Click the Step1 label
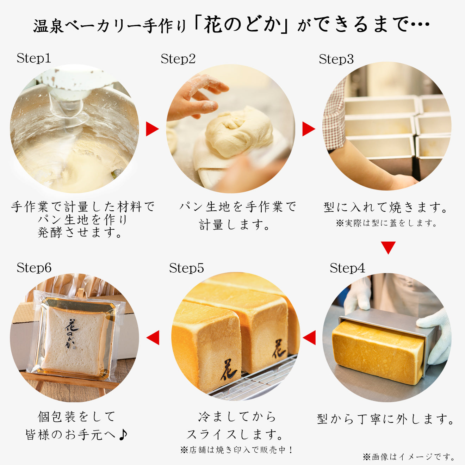[x=34, y=58]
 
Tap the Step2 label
[x=178, y=59]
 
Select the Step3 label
[x=336, y=59]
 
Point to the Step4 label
[x=347, y=268]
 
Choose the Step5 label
[x=186, y=268]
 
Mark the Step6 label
[x=34, y=268]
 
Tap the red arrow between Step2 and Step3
[x=308, y=129]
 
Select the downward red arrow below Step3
[x=388, y=247]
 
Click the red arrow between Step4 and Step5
[x=310, y=338]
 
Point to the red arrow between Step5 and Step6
[x=153, y=338]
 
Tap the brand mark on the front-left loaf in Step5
[x=228, y=369]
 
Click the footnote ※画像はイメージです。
[x=409, y=457]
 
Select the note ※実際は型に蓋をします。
[x=386, y=223]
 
